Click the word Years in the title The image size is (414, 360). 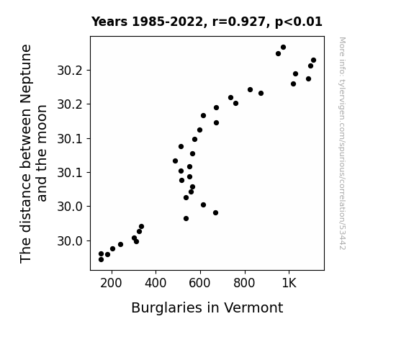point(109,22)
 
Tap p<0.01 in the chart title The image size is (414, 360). point(299,22)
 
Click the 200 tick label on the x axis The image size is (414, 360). point(111,284)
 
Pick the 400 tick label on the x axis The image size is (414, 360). point(156,284)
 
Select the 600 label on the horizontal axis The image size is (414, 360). point(200,284)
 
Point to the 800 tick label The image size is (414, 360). point(244,284)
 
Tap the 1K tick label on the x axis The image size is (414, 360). point(289,284)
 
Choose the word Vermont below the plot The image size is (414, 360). point(253,307)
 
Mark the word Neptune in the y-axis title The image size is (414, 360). point(26,73)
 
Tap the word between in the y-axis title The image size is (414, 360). point(26,138)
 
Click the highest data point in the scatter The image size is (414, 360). point(283,48)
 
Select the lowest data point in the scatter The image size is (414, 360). point(101,260)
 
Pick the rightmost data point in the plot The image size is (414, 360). point(314,60)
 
